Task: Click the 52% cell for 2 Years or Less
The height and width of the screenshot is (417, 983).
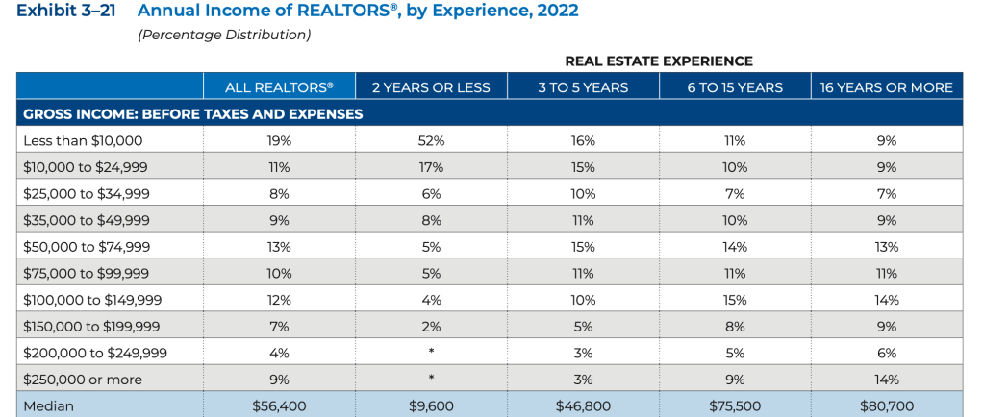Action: click(431, 140)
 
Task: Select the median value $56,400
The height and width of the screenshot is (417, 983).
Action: click(279, 405)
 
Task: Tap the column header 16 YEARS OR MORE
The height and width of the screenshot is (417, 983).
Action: click(886, 87)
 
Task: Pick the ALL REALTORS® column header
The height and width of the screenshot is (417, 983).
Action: click(279, 87)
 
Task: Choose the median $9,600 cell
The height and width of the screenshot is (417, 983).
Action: click(431, 405)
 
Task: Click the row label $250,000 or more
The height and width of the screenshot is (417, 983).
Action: click(83, 380)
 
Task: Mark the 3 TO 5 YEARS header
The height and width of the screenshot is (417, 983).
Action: click(583, 87)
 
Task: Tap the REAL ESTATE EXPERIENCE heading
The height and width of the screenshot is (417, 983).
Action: click(659, 61)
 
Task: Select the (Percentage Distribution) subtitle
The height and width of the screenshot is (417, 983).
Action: click(224, 35)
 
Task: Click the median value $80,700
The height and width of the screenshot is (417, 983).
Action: click(886, 405)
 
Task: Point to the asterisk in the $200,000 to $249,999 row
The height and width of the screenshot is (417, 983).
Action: click(431, 353)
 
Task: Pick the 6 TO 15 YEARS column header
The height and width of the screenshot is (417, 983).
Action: click(735, 87)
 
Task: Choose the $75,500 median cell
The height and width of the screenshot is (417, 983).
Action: click(735, 405)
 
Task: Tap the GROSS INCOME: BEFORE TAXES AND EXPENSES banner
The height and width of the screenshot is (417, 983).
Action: click(192, 113)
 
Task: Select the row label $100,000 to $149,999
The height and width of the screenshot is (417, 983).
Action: click(92, 300)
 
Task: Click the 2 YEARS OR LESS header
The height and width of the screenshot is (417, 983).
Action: click(431, 87)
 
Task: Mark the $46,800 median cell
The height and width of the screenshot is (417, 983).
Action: click(583, 405)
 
